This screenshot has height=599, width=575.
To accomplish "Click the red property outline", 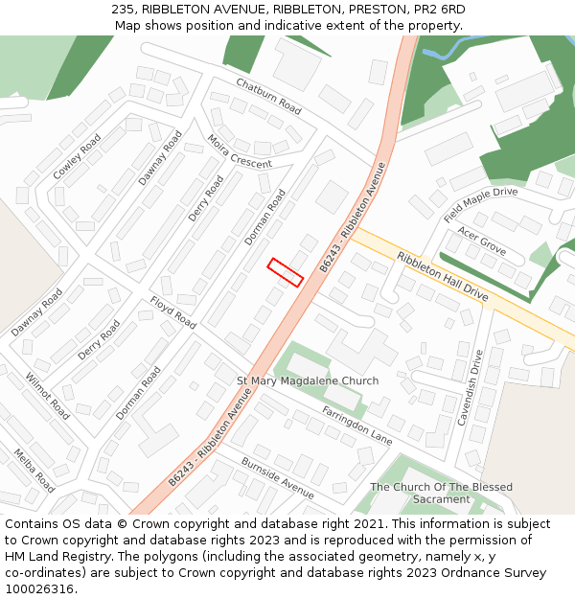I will (286, 272).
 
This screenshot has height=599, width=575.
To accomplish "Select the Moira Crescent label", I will (240, 151).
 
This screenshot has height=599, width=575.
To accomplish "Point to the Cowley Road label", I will (77, 157).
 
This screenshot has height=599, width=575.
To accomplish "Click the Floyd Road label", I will (172, 312).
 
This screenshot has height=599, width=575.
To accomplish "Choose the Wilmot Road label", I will (47, 396).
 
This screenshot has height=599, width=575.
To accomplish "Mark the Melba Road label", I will (34, 470).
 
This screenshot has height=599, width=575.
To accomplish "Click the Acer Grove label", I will (481, 241).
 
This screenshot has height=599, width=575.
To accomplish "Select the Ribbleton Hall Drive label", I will (443, 278).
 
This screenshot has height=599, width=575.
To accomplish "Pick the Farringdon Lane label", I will (357, 426).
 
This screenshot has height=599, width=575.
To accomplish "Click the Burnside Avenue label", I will (277, 476).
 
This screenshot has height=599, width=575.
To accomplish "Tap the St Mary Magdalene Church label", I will (308, 380).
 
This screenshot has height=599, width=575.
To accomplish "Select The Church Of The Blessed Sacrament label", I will (442, 493).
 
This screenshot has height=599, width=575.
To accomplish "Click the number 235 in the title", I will (123, 9).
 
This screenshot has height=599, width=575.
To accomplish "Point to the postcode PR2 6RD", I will (439, 9).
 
